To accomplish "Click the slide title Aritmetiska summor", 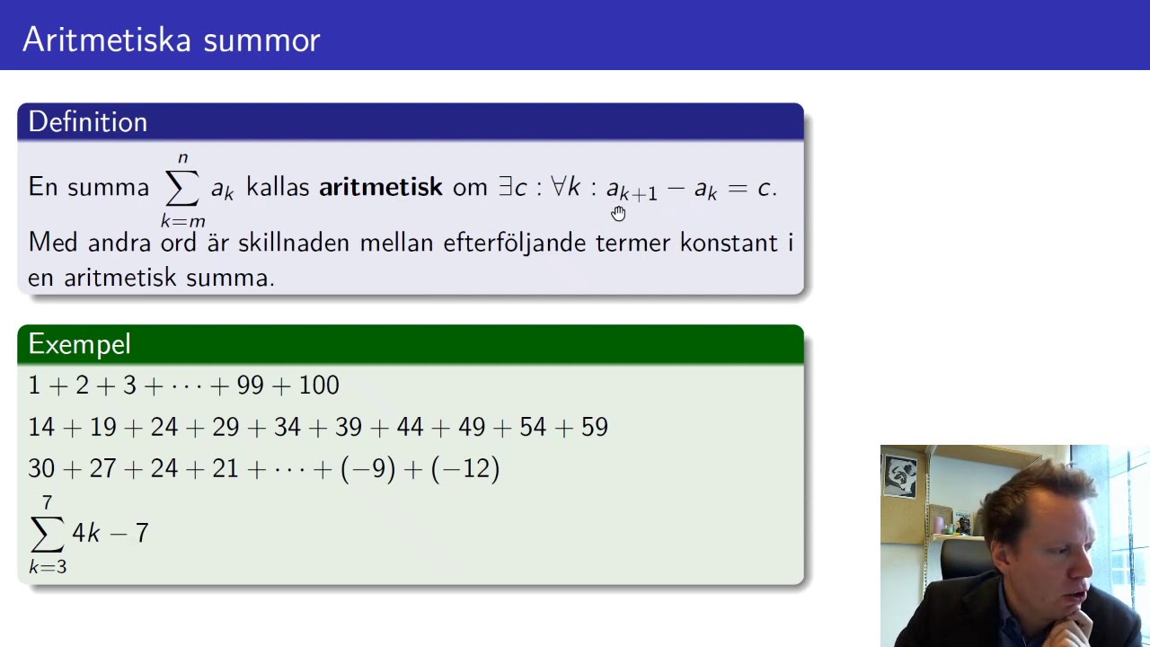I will point(171,40).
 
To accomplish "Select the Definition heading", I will point(87,122).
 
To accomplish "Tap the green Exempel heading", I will point(79,344).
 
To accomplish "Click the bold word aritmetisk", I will point(380,187).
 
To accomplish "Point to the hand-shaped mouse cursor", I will point(618,213).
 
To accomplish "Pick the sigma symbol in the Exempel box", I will point(48,535).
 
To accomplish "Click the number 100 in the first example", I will point(319,386).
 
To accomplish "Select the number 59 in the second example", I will point(594,427).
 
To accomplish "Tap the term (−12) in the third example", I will point(465,468).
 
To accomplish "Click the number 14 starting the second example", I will point(41,427).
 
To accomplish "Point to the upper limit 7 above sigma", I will point(48,503).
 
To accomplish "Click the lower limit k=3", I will point(48,567).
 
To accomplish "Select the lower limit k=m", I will point(183,221).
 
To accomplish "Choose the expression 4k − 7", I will point(110,533).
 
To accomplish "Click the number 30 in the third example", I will point(41,468).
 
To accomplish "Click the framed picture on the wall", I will point(899,477).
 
